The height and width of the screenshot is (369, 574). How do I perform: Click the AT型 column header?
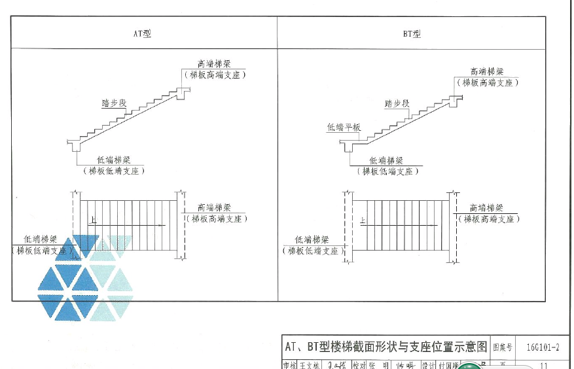[x=142, y=33]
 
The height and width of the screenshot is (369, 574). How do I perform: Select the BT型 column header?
[x=412, y=33]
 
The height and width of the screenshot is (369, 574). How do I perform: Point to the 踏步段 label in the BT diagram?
[x=397, y=103]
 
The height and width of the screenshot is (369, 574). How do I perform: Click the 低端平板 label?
[x=344, y=128]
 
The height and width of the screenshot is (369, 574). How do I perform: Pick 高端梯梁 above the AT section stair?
[x=214, y=64]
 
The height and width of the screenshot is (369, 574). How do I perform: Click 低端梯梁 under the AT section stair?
[x=113, y=160]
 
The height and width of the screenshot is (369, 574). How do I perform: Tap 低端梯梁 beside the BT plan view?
[x=312, y=239]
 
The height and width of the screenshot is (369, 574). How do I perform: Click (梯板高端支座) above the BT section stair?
[x=487, y=82]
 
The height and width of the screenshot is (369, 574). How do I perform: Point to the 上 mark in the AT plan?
[x=94, y=221]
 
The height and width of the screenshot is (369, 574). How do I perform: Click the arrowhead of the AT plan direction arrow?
[x=164, y=226]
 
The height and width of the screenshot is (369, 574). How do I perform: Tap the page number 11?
[x=543, y=364]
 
